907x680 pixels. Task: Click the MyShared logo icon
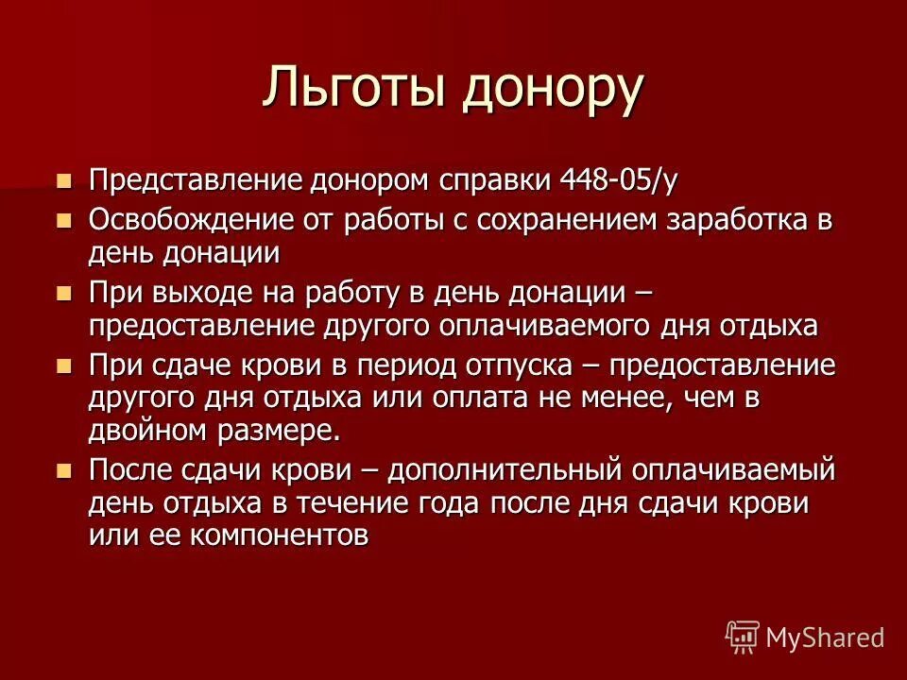tap(742, 637)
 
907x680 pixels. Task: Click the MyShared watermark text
tap(825, 637)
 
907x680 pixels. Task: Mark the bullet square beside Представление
tap(64, 178)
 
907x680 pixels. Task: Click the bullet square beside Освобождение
tap(64, 220)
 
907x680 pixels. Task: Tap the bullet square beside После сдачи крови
tap(64, 469)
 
